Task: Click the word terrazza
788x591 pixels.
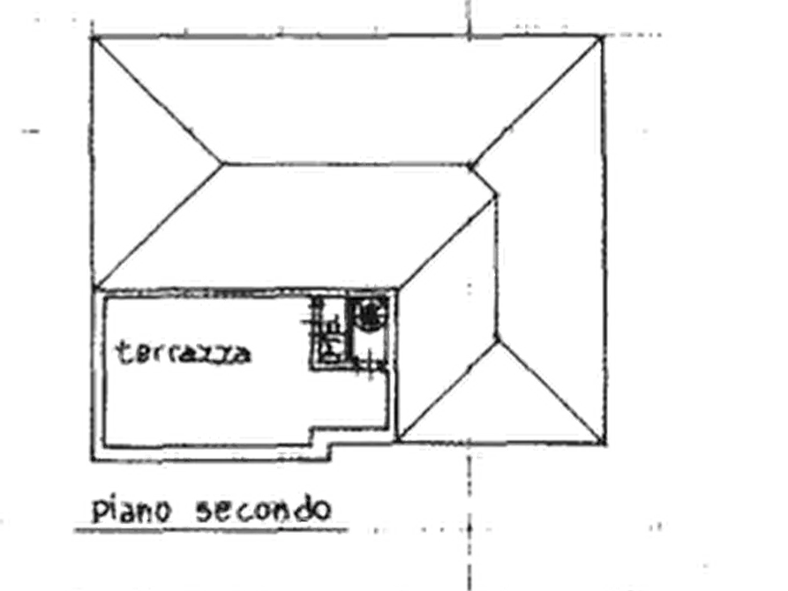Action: click(x=183, y=352)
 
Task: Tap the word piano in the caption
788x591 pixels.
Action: click(x=132, y=510)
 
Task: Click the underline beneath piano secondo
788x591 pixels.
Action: click(x=211, y=529)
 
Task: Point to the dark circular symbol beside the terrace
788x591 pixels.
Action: click(x=370, y=315)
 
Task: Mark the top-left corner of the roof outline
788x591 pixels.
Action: click(x=93, y=37)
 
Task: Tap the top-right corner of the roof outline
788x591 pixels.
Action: click(x=603, y=36)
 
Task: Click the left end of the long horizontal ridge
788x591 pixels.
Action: click(x=222, y=163)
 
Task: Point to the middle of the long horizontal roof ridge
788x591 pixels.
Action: click(x=346, y=164)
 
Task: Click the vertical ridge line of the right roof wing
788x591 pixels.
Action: click(x=497, y=267)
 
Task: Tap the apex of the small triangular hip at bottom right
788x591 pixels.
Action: click(x=497, y=340)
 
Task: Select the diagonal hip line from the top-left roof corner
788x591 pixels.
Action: click(x=157, y=100)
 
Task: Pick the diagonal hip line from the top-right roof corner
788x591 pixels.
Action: click(x=536, y=101)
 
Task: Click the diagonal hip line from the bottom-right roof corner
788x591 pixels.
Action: click(x=551, y=392)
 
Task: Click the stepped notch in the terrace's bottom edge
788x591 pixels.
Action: click(x=321, y=438)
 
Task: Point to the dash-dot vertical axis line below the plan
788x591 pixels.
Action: click(x=469, y=523)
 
